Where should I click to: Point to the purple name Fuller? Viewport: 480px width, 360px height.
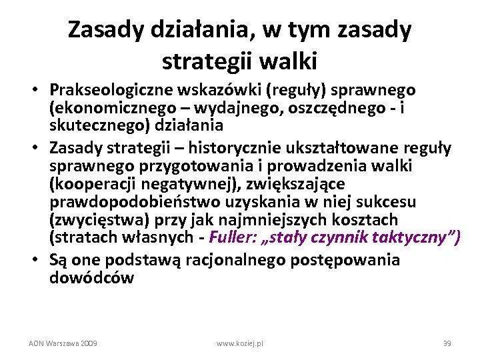(x=229, y=238)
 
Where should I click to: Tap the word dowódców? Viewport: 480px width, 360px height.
(x=91, y=277)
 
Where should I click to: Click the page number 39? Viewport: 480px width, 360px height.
(x=447, y=343)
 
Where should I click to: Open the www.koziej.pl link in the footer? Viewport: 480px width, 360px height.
(x=240, y=343)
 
